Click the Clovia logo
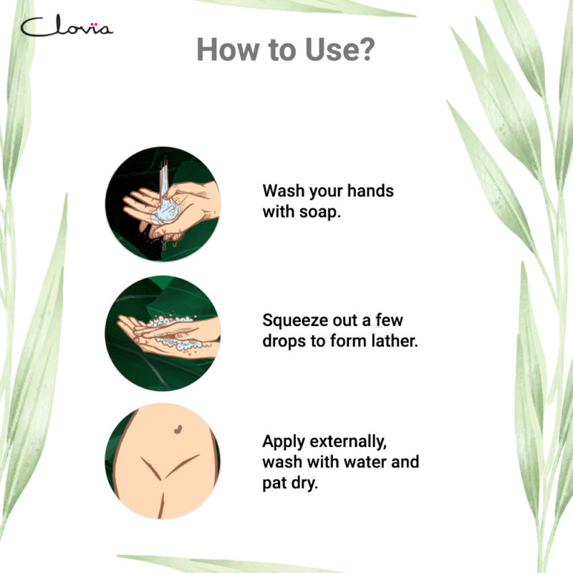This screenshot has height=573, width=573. [x=66, y=27]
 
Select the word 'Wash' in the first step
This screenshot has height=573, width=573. [x=284, y=192]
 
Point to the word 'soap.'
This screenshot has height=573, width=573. [x=316, y=213]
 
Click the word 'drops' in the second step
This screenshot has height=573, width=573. [x=284, y=341]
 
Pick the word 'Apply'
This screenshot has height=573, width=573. [x=284, y=441]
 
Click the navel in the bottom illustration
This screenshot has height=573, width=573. [x=175, y=430]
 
